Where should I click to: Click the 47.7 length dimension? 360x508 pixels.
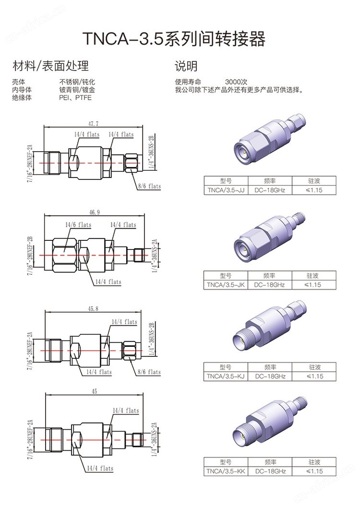coord(93,124)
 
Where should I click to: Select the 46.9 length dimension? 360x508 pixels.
coord(95,212)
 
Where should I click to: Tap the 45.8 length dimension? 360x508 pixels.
coord(93,309)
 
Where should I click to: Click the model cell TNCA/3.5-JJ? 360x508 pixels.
coord(226,190)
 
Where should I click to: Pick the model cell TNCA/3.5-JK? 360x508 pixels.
coord(226,285)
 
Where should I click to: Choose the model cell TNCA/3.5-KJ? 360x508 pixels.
coord(226,376)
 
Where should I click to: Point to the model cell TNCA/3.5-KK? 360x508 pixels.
coord(226,471)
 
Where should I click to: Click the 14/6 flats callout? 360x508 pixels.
coord(79,225)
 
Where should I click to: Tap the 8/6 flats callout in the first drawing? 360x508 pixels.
coord(149,186)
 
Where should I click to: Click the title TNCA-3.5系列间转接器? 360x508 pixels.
coord(174,38)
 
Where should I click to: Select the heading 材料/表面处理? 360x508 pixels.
coord(50,66)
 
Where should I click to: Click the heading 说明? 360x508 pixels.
coord(186,66)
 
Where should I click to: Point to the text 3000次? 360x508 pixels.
coord(236,82)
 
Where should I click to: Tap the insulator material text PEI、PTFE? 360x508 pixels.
coord(75,97)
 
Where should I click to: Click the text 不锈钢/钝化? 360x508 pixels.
coord(77,82)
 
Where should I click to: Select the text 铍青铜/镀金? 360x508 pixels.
coord(77,90)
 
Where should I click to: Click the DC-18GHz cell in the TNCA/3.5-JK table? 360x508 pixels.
coord(269,285)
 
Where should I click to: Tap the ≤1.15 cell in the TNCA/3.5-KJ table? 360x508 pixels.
coord(314,376)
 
